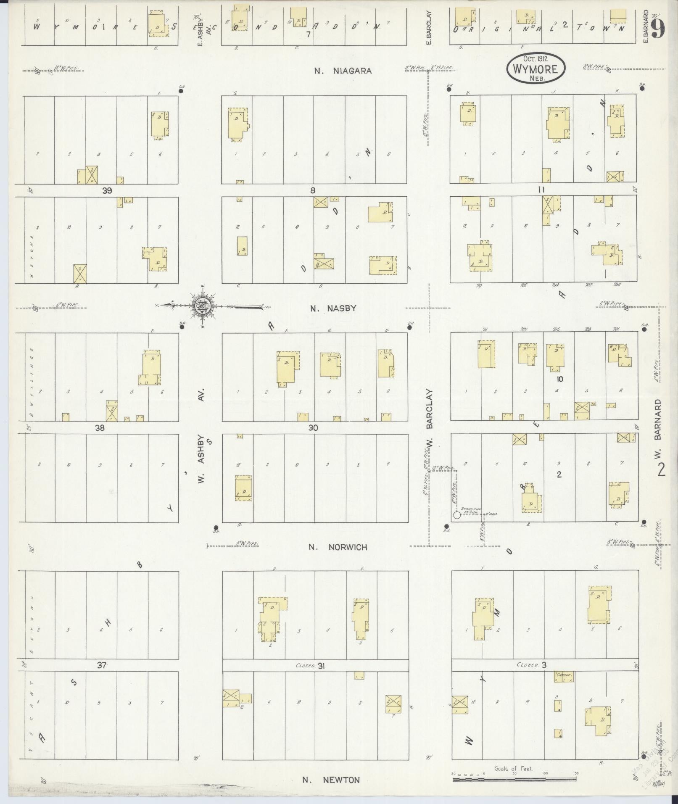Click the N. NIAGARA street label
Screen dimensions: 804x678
[343, 71]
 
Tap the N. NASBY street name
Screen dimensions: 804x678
[333, 308]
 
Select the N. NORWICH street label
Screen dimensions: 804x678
[338, 547]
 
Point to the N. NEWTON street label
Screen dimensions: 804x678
[331, 780]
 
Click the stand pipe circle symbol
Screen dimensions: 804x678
[456, 514]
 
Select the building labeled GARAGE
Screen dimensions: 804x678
[564, 676]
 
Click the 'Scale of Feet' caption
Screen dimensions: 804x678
[514, 768]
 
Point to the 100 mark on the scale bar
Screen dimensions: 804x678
[545, 773]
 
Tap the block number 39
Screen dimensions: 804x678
[107, 190]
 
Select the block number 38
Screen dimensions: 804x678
[100, 428]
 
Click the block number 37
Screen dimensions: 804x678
[102, 665]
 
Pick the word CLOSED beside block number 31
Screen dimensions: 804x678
[306, 665]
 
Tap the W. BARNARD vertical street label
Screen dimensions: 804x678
[658, 425]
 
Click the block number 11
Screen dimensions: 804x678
[541, 190]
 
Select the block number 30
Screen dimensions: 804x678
[313, 428]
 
